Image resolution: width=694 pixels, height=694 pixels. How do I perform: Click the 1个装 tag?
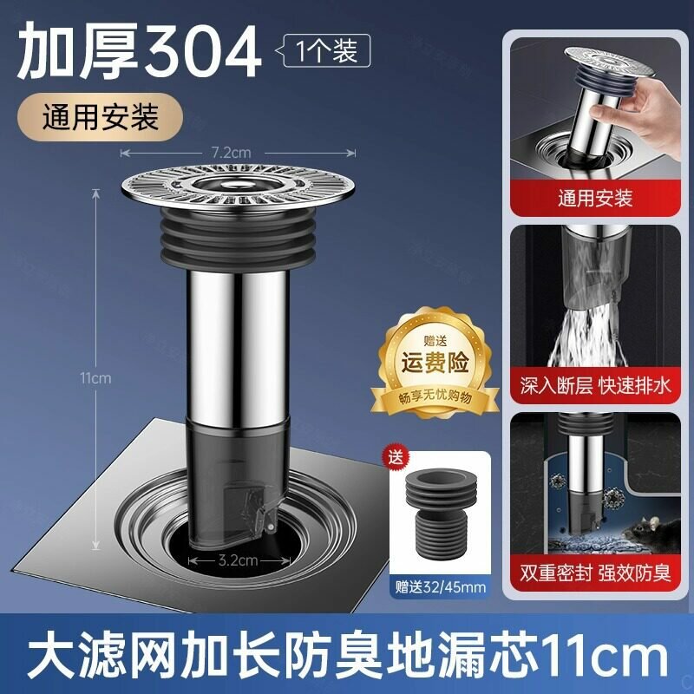(326, 50)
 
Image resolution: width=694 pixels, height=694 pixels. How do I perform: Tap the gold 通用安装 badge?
(100, 117)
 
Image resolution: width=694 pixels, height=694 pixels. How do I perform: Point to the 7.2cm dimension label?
(231, 153)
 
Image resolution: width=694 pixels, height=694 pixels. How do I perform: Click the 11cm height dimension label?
(95, 378)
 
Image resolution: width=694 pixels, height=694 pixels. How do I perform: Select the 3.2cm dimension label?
(238, 560)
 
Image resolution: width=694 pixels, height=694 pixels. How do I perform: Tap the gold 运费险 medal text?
(435, 363)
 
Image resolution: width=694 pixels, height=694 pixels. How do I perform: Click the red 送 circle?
(396, 457)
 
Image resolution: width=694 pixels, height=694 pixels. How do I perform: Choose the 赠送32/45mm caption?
(441, 587)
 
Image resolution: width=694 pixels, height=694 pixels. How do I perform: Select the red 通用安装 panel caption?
(595, 198)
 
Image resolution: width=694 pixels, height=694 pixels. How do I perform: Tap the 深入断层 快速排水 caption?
(595, 385)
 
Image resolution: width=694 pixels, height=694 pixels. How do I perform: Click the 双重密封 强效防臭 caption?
(595, 573)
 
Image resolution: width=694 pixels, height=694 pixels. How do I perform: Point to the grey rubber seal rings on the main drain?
(238, 239)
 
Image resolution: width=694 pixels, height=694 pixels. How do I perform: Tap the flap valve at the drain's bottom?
(248, 509)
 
